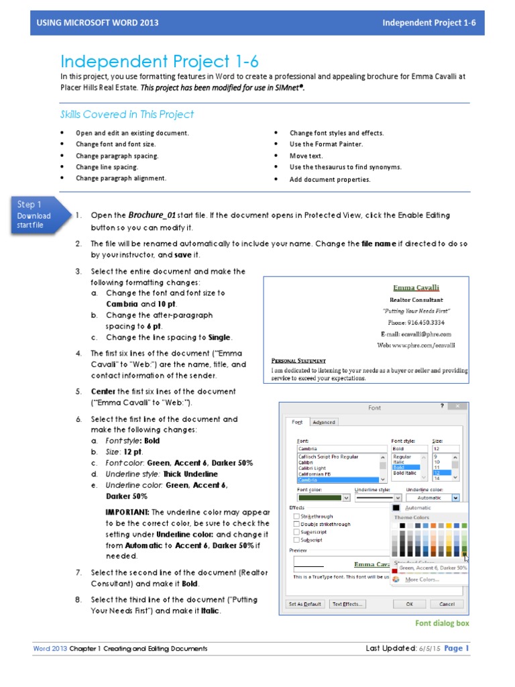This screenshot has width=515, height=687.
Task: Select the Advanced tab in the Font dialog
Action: coord(324,422)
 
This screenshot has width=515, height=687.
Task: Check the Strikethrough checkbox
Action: coord(297,517)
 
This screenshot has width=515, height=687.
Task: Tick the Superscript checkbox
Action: coord(297,533)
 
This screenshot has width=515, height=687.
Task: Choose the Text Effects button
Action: coord(348,604)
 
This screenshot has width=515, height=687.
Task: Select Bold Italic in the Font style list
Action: coord(404,474)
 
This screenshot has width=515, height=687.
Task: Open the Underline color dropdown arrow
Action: coord(456,498)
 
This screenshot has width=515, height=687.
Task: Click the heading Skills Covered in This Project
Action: coord(127,114)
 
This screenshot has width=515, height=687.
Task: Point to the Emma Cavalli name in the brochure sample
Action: coord(416,287)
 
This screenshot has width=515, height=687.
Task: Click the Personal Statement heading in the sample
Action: coord(298,360)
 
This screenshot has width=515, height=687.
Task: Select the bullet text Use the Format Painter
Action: coord(326,144)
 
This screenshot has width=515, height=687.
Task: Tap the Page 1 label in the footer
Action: coord(457,648)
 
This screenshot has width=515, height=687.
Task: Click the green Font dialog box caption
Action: coord(442,623)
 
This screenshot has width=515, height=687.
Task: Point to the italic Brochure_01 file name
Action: coord(152,215)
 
